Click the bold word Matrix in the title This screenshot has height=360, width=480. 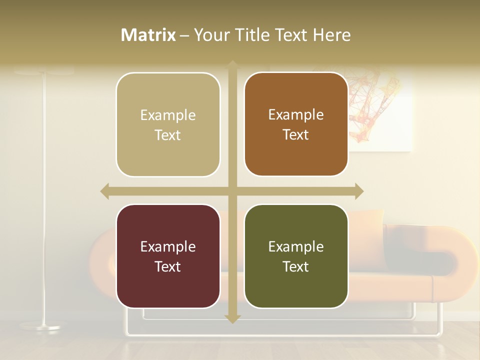point(148,35)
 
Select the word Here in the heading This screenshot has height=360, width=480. point(332,35)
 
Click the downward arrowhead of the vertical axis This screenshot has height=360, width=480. point(232,319)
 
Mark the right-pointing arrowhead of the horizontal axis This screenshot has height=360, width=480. point(359,191)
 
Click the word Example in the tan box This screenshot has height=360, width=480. point(168,115)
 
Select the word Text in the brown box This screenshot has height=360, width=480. point(296,134)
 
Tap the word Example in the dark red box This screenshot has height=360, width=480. point(168,247)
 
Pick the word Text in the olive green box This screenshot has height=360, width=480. point(296,266)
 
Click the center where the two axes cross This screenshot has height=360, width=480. point(232,191)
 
